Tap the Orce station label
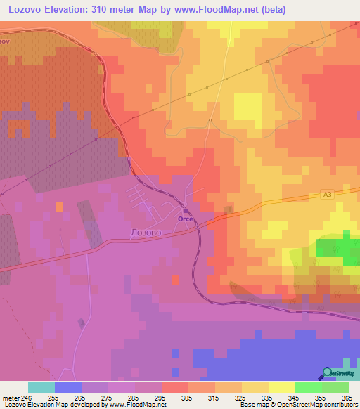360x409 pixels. [186, 219]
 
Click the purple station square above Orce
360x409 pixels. [186, 210]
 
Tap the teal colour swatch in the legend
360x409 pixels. [41, 387]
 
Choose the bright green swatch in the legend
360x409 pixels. [308, 387]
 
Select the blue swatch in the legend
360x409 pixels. [68, 387]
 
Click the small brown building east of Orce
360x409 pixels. [228, 209]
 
